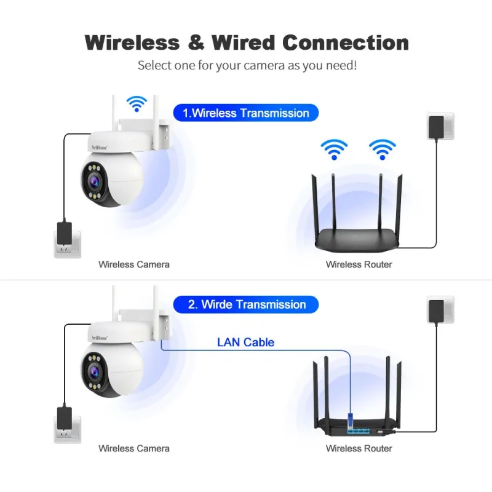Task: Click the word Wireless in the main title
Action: [132, 42]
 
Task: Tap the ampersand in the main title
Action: [195, 42]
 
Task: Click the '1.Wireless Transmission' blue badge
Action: [246, 113]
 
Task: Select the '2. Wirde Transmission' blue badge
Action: [246, 304]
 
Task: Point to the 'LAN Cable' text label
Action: [245, 343]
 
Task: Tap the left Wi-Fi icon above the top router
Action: [334, 149]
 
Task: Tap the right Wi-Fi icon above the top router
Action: [382, 149]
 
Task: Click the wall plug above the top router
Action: [439, 126]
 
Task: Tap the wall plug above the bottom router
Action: [439, 310]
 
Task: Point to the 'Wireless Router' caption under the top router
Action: [359, 264]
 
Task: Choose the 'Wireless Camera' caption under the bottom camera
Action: [133, 449]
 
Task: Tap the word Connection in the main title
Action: [345, 42]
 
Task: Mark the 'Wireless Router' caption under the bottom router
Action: [359, 449]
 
